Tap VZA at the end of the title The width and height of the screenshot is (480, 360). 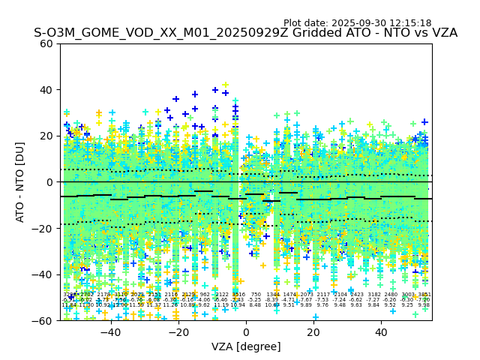point(442,34)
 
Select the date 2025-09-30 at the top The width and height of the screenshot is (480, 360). point(354,23)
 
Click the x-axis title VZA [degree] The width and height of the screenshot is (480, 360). point(246,346)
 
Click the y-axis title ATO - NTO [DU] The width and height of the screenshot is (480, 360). point(21,182)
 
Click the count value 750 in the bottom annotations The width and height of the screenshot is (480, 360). point(256,295)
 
